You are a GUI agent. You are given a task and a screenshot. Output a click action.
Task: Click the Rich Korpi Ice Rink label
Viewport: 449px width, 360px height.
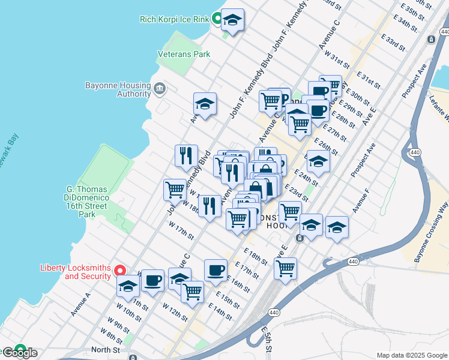[173, 19]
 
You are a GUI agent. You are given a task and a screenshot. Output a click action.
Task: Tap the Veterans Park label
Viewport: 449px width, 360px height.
[184, 54]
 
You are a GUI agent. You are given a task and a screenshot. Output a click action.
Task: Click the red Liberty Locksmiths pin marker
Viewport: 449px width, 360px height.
[120, 272]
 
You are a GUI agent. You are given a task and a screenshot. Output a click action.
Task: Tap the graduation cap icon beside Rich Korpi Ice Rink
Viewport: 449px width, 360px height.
[232, 21]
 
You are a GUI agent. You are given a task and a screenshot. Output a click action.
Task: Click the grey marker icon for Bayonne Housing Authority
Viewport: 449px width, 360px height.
[159, 89]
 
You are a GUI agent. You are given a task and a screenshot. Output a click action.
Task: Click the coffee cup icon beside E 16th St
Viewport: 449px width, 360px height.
[215, 270]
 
